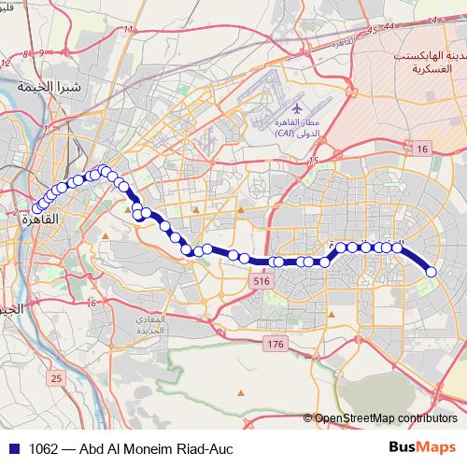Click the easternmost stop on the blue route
click(x=432, y=271)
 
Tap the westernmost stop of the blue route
click(x=37, y=208)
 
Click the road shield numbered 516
click(x=261, y=281)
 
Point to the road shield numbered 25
click(x=56, y=378)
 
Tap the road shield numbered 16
click(x=422, y=149)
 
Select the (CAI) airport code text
click(x=287, y=134)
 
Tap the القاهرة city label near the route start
click(x=32, y=220)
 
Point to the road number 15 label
click(x=313, y=162)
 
